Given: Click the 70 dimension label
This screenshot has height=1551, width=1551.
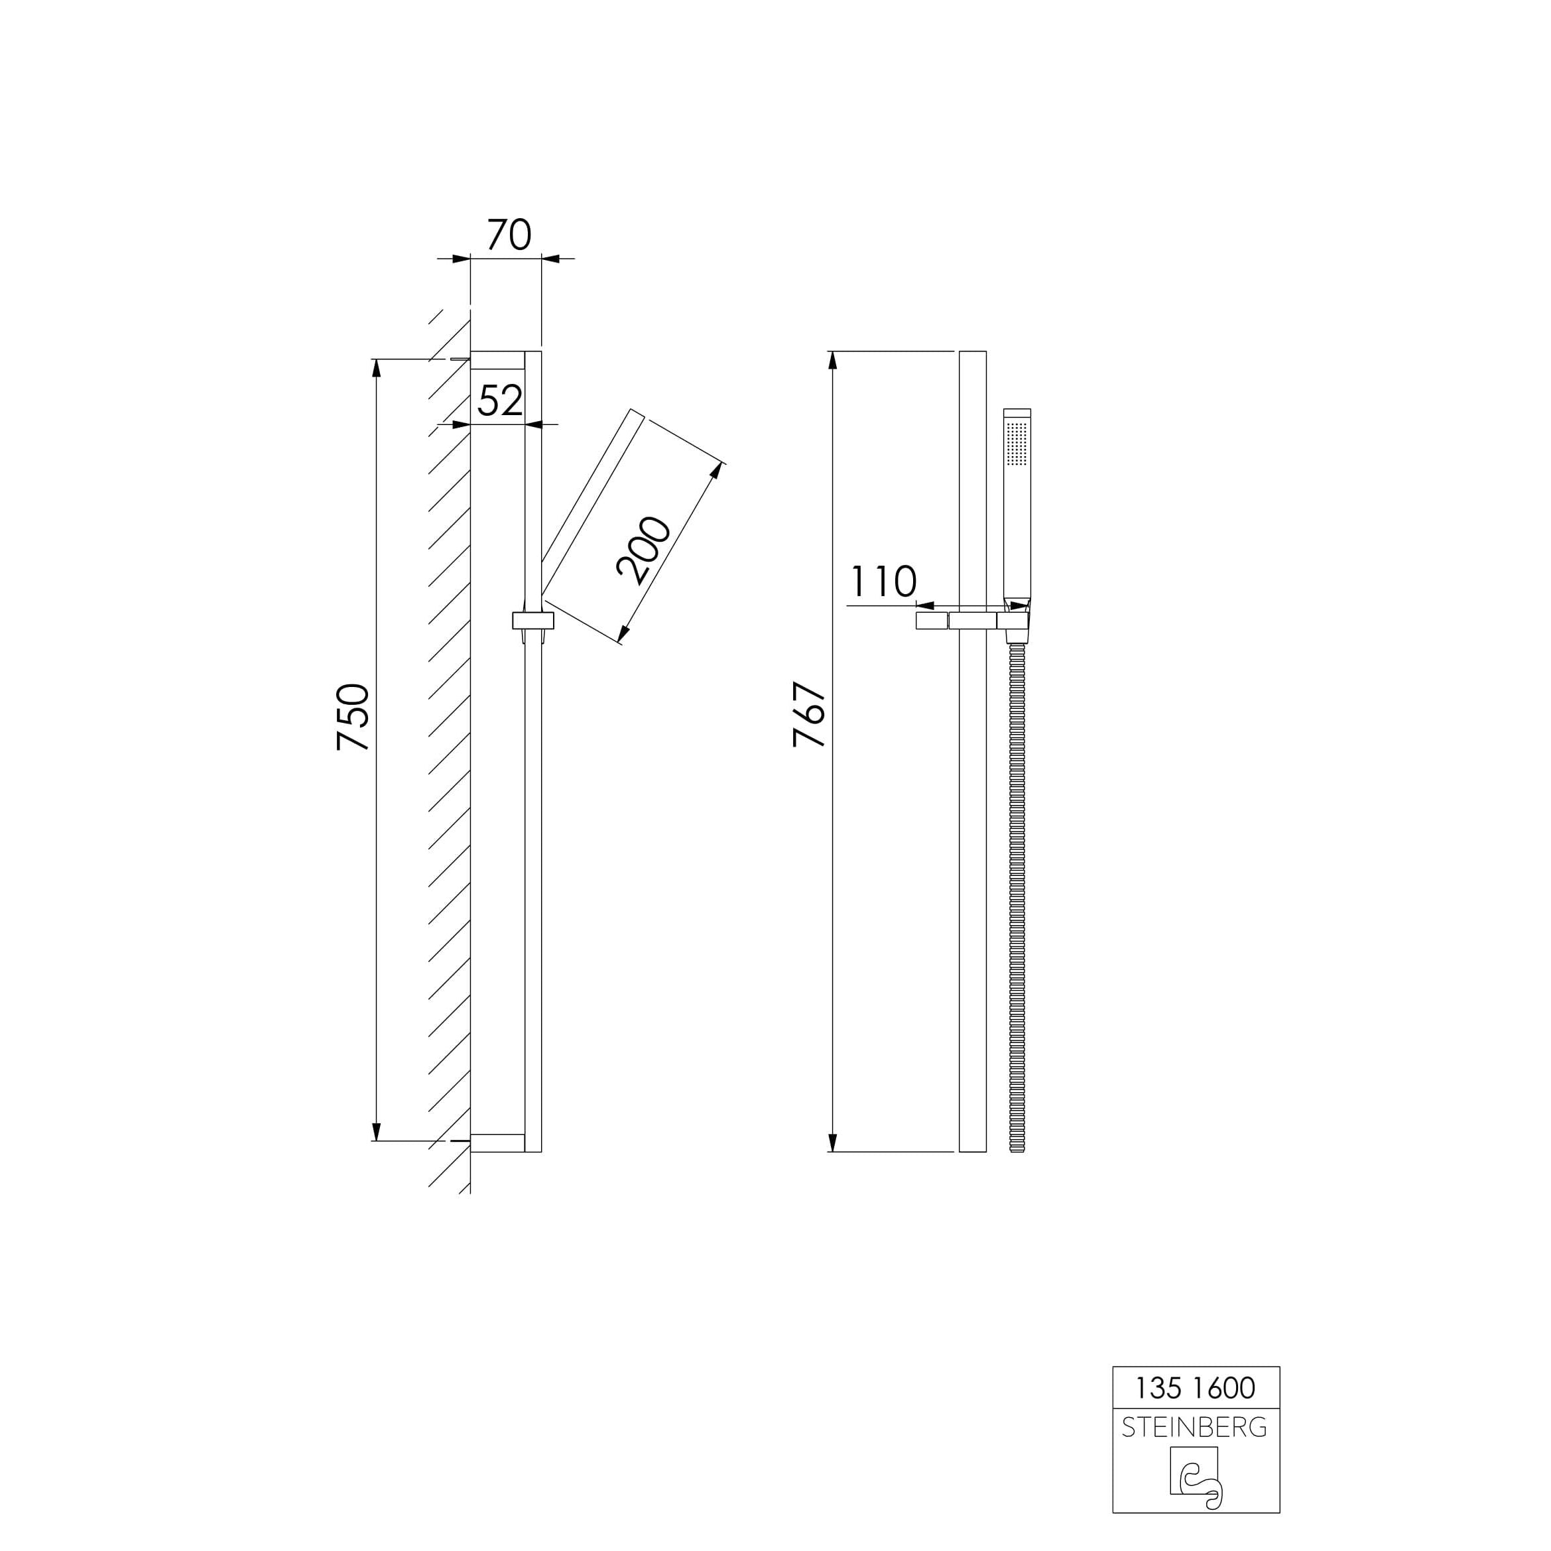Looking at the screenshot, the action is [509, 235].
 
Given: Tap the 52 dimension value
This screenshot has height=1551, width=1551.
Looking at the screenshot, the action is [500, 400].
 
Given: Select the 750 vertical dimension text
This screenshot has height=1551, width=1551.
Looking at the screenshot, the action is [353, 717].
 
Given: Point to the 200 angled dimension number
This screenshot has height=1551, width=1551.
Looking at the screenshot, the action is [643, 551].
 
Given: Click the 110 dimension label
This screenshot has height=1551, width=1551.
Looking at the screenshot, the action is [883, 582].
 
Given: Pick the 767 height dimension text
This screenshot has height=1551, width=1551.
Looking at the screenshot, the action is [809, 714].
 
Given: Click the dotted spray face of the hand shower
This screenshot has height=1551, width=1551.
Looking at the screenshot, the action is [1017, 443].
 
